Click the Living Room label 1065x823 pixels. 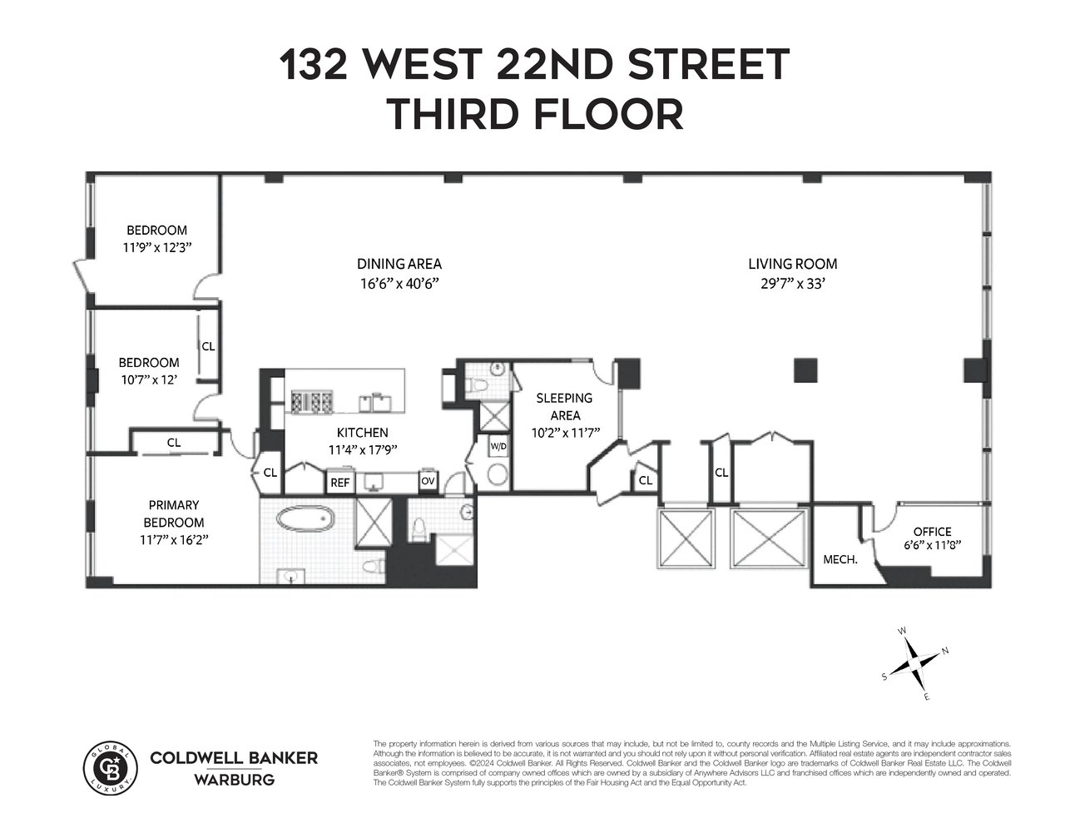pyautogui.click(x=792, y=265)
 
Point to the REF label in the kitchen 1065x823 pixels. pyautogui.click(x=339, y=483)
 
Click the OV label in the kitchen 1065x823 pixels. pyautogui.click(x=428, y=481)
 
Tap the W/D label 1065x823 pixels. pyautogui.click(x=498, y=447)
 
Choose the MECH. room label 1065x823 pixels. pyautogui.click(x=840, y=560)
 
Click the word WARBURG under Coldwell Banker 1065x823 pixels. pyautogui.click(x=233, y=780)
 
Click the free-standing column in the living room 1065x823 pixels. pyautogui.click(x=805, y=369)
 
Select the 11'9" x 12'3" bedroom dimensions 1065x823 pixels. pyautogui.click(x=156, y=248)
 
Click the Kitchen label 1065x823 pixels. pyautogui.click(x=362, y=433)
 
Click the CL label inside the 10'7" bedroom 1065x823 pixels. pyautogui.click(x=208, y=346)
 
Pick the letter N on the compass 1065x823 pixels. pyautogui.click(x=944, y=651)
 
